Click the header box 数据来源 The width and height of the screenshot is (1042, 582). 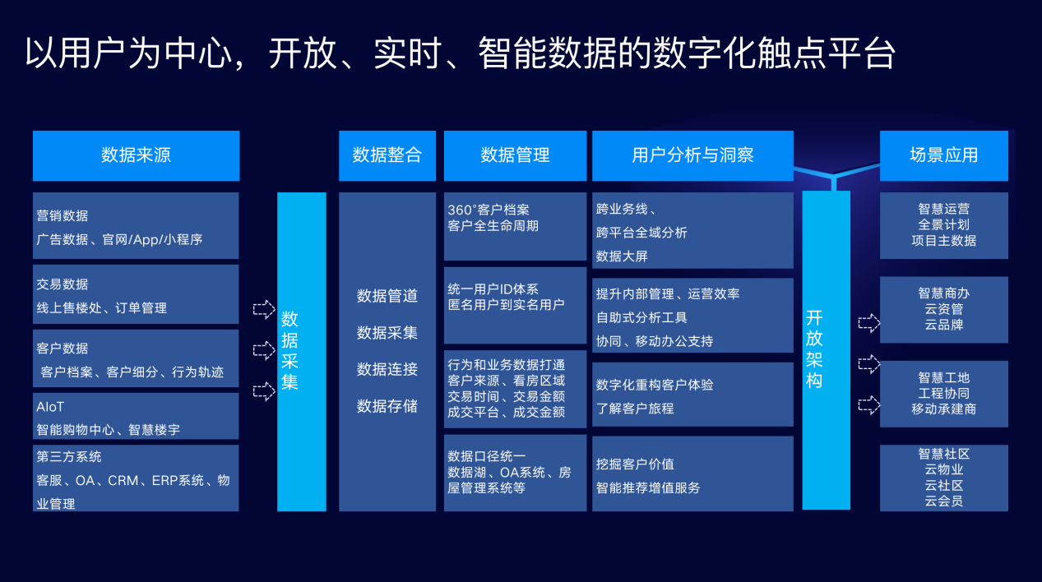pos(136,155)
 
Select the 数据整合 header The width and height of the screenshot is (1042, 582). pos(387,155)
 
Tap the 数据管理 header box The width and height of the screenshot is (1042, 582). pos(515,155)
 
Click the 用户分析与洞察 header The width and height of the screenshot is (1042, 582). pos(692,155)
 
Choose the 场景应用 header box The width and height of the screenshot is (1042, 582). pos(943,155)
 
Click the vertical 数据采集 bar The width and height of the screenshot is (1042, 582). pos(301,351)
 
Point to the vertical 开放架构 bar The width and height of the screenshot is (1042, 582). pos(826,349)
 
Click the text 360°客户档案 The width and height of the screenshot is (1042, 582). pos(489,210)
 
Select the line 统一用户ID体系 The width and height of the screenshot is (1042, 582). pos(493,289)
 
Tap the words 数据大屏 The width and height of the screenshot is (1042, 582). pos(622,256)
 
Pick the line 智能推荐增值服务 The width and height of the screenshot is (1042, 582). pos(648,487)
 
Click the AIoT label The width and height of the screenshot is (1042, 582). pos(50,407)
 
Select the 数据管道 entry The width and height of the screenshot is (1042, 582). pos(387,296)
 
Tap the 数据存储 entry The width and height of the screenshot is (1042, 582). pos(387,406)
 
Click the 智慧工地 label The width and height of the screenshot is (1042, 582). pos(943,377)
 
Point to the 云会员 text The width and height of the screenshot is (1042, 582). pos(943,501)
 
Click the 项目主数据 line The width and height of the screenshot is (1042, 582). pos(943,241)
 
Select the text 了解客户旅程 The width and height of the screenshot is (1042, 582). pos(635,408)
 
